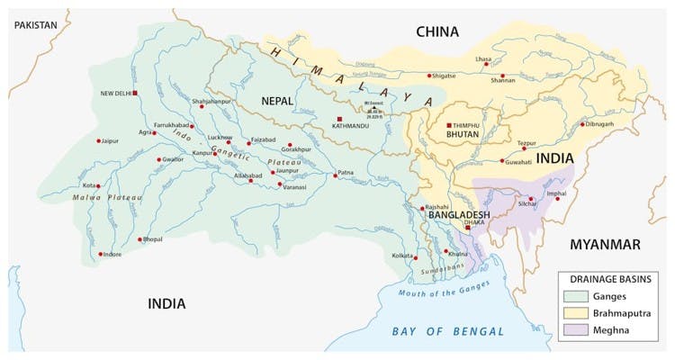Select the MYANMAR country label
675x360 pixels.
click(x=604, y=245)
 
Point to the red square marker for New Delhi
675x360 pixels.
click(x=135, y=94)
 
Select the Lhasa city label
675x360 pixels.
click(x=483, y=59)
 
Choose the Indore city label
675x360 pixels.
click(x=112, y=255)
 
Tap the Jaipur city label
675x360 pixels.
click(x=110, y=141)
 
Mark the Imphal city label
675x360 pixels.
click(x=557, y=193)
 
